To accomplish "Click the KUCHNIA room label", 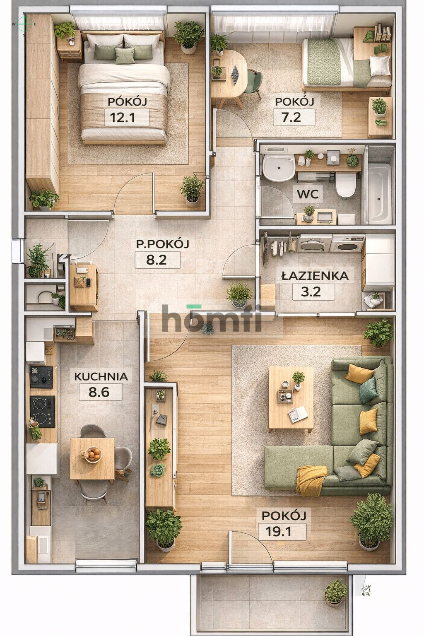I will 101,376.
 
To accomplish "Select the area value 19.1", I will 282,531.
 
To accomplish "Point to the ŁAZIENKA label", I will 315,276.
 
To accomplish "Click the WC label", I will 308,193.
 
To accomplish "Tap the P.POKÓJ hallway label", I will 163,244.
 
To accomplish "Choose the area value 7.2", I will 294,118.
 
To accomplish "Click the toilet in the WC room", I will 345,185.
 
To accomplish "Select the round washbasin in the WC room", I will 278,168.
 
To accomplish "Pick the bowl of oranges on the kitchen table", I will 93,454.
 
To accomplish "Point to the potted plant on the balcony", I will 335,592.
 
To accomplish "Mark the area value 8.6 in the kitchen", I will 99,391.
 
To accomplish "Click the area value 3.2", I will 313,291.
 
